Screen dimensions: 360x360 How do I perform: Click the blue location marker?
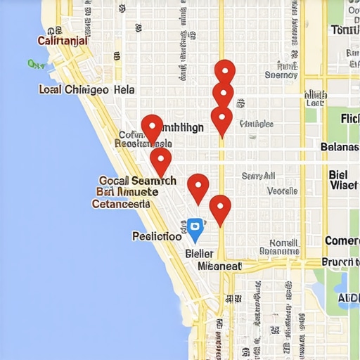click(195, 229)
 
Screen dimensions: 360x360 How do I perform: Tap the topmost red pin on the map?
click(224, 72)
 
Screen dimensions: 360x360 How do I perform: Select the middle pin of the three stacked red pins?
click(223, 95)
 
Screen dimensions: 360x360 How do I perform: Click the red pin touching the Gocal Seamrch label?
click(160, 160)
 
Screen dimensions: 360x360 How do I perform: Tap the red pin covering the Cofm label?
click(152, 128)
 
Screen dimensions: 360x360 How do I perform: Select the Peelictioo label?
click(157, 236)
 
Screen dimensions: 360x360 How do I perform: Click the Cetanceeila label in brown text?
click(121, 204)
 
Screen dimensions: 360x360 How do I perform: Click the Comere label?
click(342, 241)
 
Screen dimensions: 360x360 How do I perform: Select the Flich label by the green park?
click(349, 118)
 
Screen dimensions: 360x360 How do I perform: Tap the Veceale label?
click(282, 191)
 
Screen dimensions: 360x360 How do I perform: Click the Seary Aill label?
click(258, 176)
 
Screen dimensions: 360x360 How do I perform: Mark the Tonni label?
click(344, 30)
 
